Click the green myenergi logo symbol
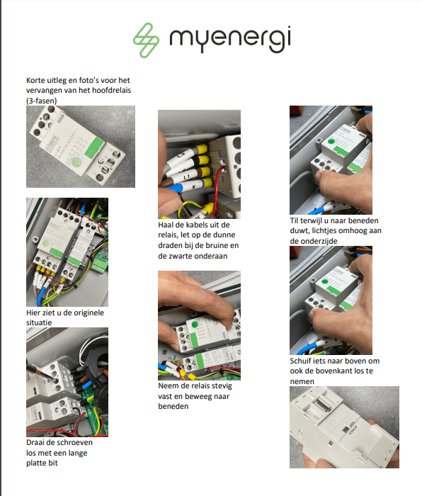[x=146, y=40]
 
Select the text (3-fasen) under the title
[x=41, y=101]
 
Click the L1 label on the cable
[x=186, y=176]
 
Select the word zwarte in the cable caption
[x=181, y=256]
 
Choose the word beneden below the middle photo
[x=173, y=406]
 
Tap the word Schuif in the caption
[x=301, y=361]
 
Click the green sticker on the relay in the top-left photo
[x=93, y=147]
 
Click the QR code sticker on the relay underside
[x=345, y=429]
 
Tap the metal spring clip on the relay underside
[x=322, y=405]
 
